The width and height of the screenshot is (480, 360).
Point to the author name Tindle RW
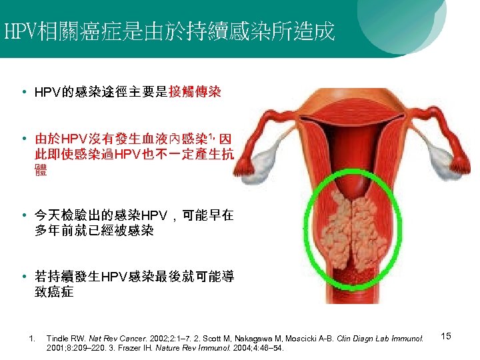[x=63, y=339]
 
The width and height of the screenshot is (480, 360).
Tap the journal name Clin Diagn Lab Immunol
[x=379, y=339]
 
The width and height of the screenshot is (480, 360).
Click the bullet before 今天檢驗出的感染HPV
[x=23, y=215]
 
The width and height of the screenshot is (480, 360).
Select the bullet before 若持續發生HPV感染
[x=23, y=277]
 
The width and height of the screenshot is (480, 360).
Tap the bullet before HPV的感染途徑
[x=23, y=91]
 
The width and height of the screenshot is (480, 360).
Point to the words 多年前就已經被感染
[x=94, y=231]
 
